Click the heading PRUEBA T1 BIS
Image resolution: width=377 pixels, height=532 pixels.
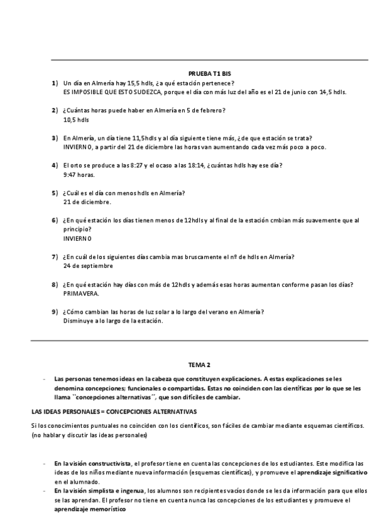(209, 74)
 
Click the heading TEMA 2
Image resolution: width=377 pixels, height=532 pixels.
(200, 364)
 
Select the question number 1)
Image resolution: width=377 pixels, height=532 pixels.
(55, 83)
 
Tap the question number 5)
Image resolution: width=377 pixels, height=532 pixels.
(55, 193)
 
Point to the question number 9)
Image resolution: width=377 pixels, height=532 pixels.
(55, 312)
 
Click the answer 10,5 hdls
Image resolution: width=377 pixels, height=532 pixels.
(76, 119)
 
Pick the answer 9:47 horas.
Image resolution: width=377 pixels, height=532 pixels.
(79, 174)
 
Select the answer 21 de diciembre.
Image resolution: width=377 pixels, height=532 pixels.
(87, 202)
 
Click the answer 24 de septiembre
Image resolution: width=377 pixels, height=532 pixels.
(88, 266)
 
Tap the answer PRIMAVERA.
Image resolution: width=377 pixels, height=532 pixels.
(81, 294)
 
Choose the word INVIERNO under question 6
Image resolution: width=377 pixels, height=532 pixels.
(77, 238)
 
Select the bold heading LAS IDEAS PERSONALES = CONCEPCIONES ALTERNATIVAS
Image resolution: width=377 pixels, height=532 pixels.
(114, 412)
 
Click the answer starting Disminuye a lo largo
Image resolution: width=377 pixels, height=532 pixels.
(113, 321)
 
